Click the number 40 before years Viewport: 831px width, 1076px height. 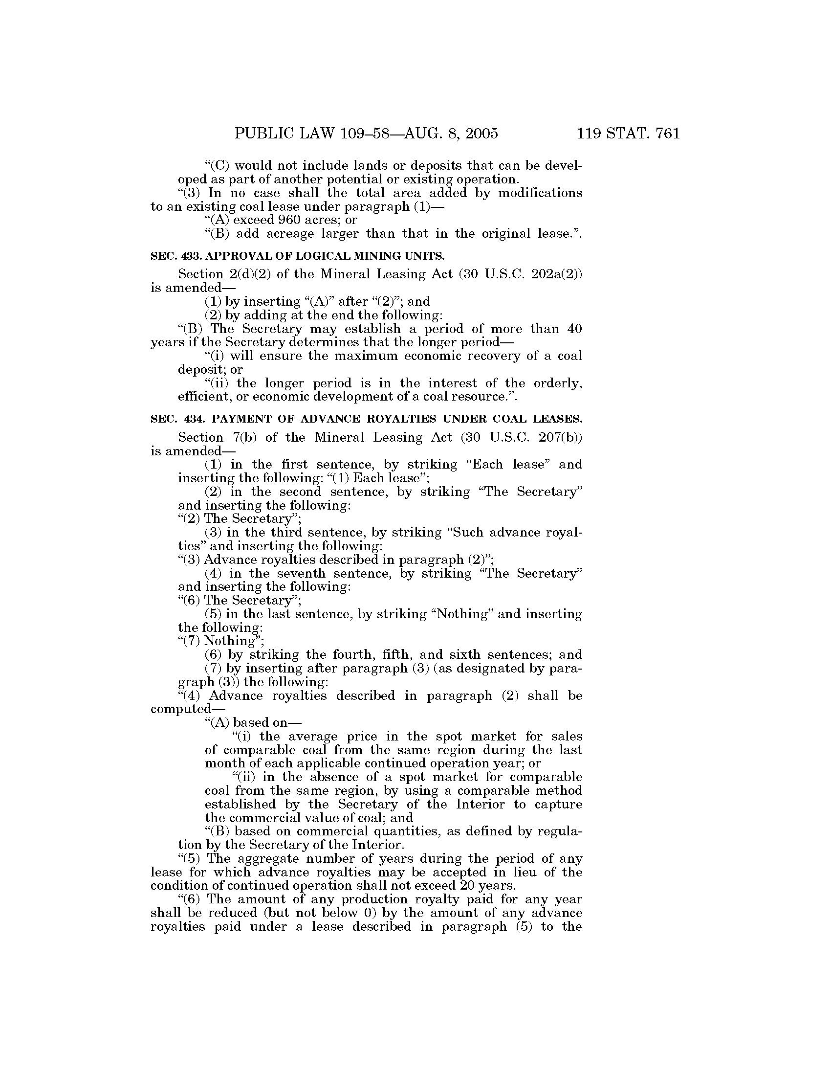(x=574, y=329)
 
